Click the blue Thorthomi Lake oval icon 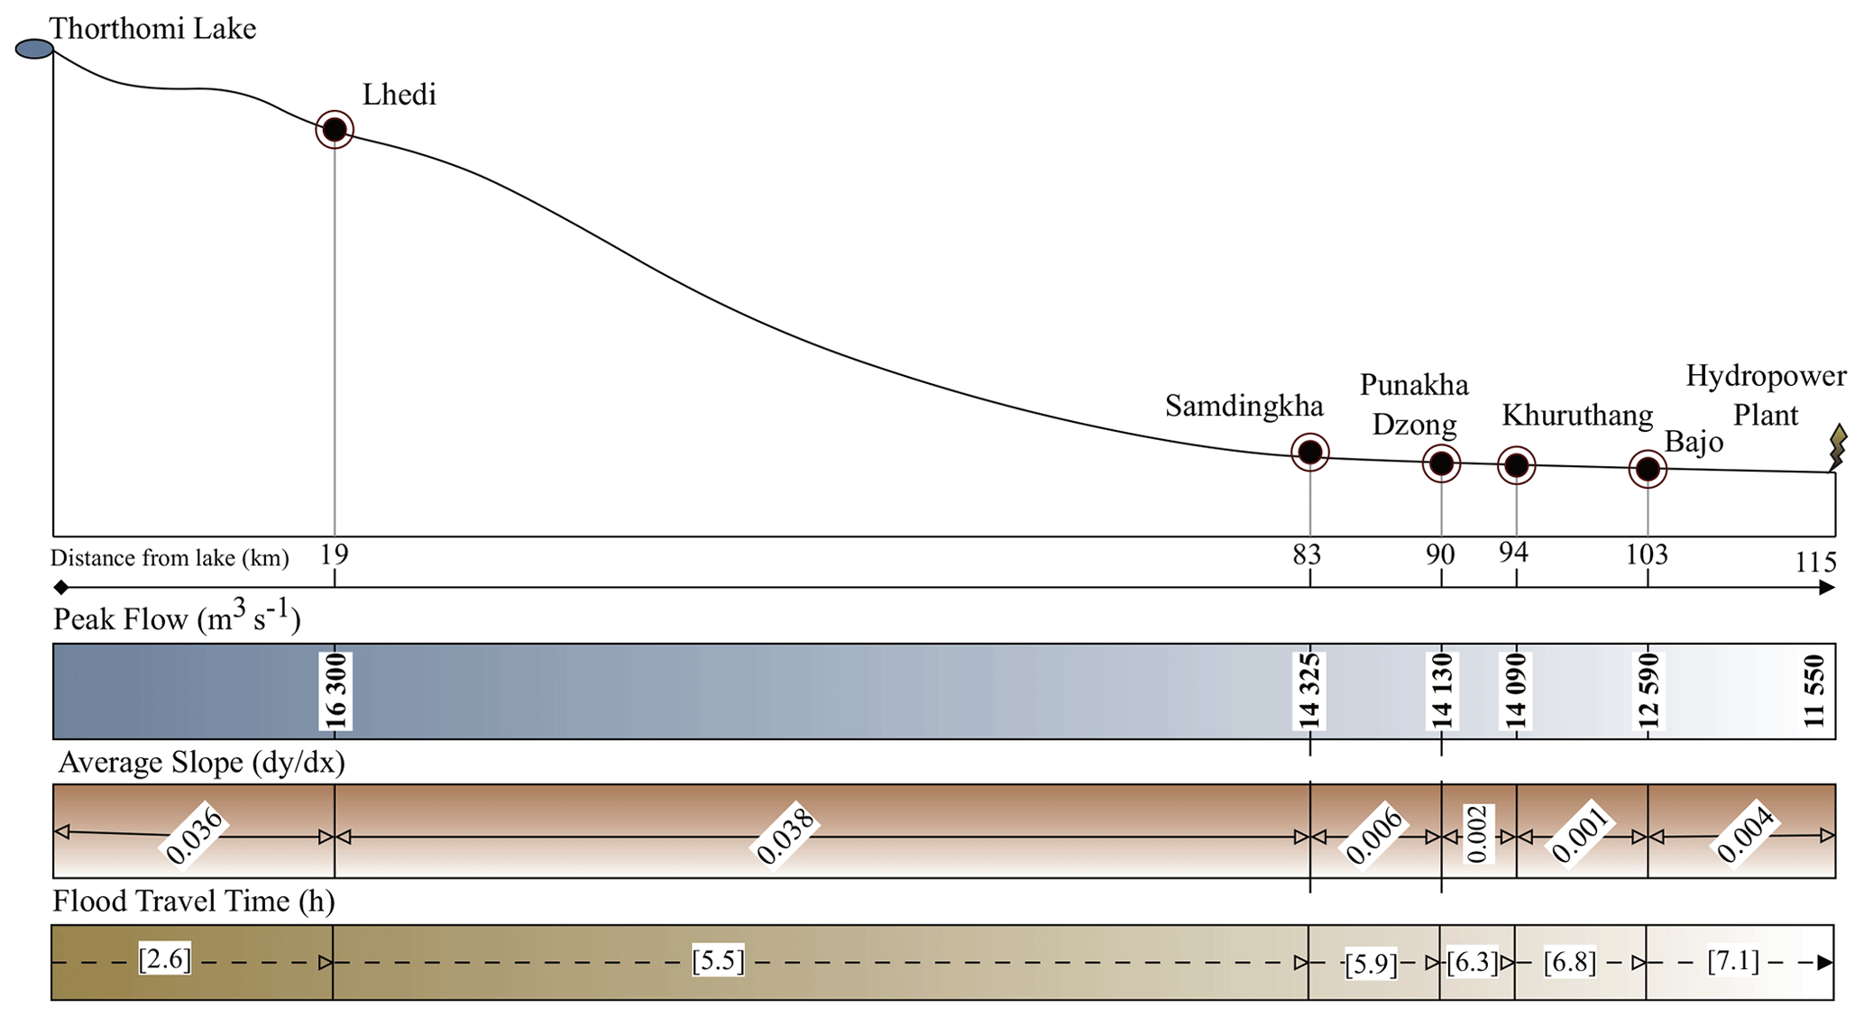coord(34,49)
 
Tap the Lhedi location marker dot coord(335,130)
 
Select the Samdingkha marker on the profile coord(1309,453)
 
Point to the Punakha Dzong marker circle coord(1441,464)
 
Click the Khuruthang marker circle coord(1516,466)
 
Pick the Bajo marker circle coord(1648,469)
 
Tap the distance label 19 coord(334,554)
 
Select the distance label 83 coord(1307,554)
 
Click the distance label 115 coord(1815,563)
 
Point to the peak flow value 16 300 coord(335,692)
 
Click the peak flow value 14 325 coord(1309,692)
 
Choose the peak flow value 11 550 coord(1814,692)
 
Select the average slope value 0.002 coord(1476,834)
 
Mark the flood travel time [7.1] coord(1733,961)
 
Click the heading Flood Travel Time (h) coord(193,902)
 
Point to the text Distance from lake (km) coord(170,558)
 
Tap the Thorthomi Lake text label coord(152,29)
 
